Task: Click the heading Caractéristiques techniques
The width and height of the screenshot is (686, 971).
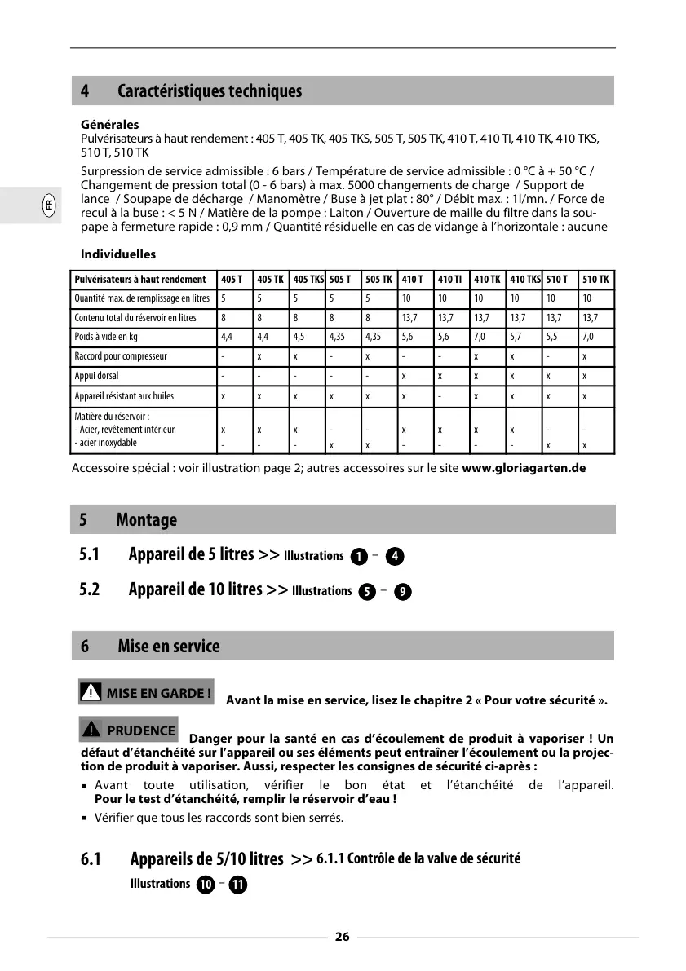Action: click(x=210, y=91)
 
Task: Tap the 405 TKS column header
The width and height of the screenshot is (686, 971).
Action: click(x=308, y=280)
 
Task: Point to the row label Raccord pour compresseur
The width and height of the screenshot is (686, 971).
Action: click(x=121, y=356)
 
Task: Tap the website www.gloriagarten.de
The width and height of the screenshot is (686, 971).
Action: click(x=524, y=469)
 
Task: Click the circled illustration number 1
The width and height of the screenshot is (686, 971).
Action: click(x=357, y=556)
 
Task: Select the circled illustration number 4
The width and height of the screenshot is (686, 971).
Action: click(x=394, y=556)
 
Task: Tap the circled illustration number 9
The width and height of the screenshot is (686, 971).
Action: click(x=401, y=592)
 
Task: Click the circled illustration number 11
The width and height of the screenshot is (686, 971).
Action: click(x=237, y=885)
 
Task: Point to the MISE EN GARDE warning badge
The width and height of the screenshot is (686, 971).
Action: click(x=147, y=693)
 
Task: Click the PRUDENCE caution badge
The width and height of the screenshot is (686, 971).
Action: click(x=129, y=730)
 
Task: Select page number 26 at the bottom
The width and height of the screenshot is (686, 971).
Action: click(x=342, y=937)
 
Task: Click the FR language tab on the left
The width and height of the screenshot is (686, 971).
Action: click(x=49, y=205)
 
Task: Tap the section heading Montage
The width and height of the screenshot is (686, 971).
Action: click(x=147, y=520)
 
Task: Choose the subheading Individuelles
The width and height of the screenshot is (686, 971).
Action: click(x=118, y=254)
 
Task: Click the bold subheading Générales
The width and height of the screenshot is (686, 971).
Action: click(x=109, y=125)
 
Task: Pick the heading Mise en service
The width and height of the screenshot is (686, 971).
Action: click(x=169, y=647)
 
